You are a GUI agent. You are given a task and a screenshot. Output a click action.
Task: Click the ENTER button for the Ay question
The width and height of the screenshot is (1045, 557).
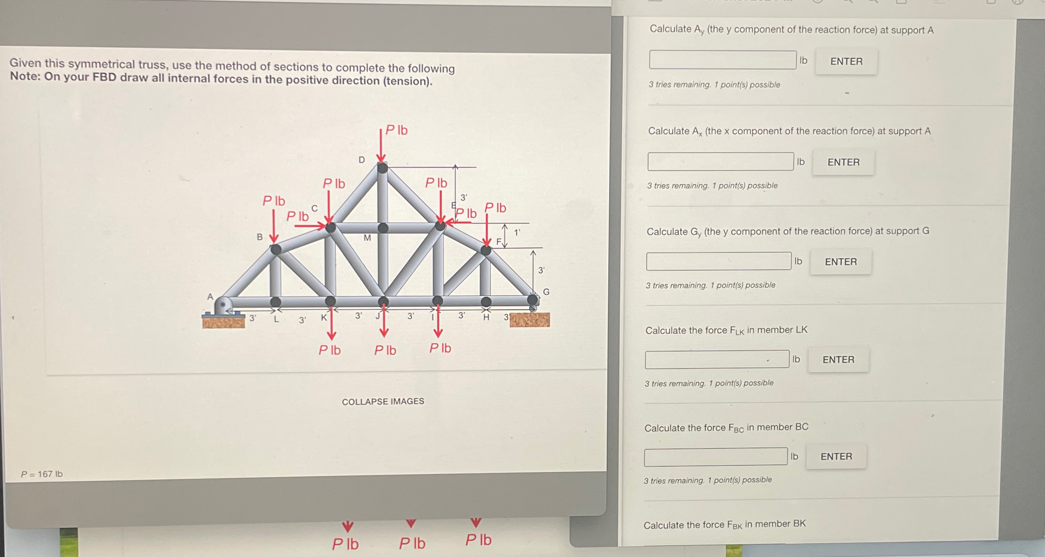846,61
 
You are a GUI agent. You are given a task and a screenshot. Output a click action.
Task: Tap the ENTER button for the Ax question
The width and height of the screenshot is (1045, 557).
843,162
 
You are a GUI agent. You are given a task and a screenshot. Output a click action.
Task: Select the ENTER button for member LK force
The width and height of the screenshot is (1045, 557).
838,360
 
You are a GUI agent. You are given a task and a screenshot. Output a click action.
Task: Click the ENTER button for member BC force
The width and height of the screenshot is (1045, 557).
836,456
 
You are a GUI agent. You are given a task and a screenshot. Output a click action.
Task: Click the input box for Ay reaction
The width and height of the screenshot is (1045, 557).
722,60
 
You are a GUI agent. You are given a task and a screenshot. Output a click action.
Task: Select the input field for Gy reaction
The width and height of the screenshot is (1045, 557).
718,261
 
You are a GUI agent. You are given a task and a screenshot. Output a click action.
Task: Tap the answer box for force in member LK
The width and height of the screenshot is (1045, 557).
717,360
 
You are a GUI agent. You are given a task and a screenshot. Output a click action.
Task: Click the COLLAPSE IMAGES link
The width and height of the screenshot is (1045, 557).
383,401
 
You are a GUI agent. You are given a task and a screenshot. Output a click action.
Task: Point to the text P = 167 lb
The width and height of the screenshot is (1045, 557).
42,474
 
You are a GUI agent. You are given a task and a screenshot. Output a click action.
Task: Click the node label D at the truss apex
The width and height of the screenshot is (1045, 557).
362,160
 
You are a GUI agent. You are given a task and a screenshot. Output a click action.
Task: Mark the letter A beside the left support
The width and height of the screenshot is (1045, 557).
210,297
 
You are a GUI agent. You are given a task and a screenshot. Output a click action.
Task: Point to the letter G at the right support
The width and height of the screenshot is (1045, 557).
546,292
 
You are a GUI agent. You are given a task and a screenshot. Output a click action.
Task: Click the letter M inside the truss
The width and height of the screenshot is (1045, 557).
367,238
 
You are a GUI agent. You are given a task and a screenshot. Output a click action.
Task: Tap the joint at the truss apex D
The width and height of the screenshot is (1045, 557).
382,167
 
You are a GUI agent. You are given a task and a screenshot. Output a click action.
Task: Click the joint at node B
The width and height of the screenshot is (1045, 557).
276,249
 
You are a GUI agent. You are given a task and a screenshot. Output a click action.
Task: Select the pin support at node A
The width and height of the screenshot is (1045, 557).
223,306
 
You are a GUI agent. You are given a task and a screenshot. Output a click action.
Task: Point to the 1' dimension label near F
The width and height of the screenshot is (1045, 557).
517,232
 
